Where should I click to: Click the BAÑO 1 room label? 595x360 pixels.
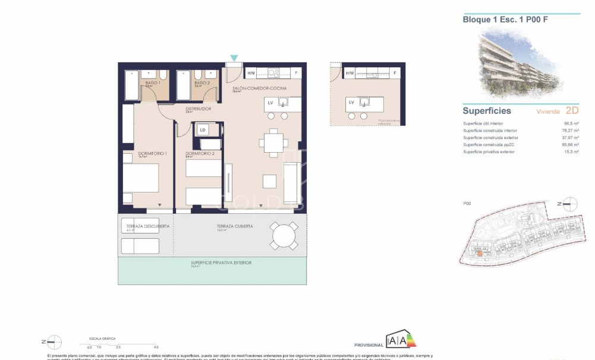click(150, 83)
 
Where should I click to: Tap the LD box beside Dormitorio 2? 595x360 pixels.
click(203, 129)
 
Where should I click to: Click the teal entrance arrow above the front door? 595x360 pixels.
click(234, 58)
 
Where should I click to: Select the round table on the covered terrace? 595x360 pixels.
click(284, 236)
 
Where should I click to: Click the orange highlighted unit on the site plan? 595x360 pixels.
click(479, 254)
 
